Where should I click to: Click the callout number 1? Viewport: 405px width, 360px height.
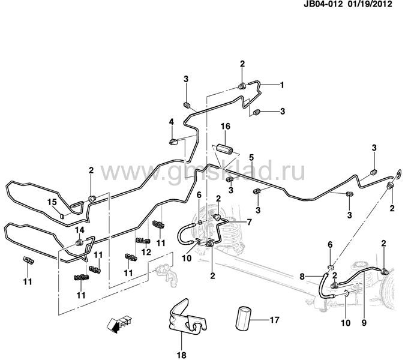click(281, 85)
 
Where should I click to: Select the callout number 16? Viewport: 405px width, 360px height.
click(225, 127)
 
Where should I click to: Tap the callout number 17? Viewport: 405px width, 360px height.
click(274, 320)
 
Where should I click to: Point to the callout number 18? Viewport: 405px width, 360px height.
click(178, 347)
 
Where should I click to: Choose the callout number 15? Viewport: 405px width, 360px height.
click(52, 202)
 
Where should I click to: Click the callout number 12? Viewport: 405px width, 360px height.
click(145, 252)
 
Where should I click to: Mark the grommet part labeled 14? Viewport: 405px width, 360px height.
click(79, 242)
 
